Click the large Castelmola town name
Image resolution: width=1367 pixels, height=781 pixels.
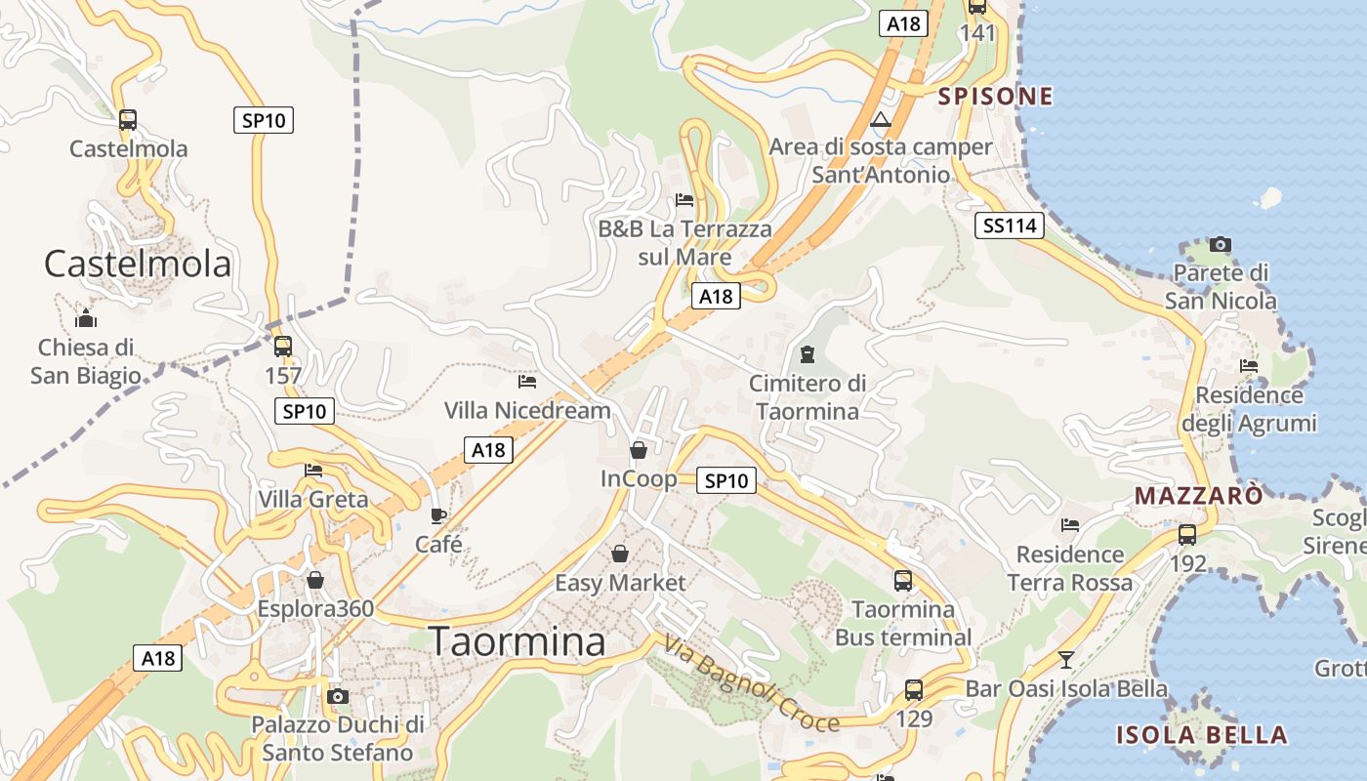coord(138,264)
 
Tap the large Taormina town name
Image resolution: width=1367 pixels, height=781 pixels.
coord(517,641)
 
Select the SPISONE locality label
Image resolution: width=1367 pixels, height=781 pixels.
coord(996,96)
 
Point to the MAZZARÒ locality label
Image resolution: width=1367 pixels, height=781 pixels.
coord(1198,496)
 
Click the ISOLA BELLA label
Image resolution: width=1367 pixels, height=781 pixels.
coord(1202,735)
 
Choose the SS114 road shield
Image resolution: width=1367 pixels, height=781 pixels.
coord(1010,226)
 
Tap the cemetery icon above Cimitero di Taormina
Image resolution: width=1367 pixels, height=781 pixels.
coord(807,353)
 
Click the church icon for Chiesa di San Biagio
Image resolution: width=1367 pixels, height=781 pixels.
coord(86,318)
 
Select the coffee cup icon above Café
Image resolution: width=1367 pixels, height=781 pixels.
coord(438,515)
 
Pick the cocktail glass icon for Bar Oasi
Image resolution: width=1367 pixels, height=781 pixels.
coord(1066,660)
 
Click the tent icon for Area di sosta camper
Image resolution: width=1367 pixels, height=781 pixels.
coord(881,120)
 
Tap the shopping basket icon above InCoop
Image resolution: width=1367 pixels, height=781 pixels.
coord(638,450)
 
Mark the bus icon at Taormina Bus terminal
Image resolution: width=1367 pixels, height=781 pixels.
coord(903,581)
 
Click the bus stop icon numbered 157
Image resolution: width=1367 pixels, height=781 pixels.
coord(283,347)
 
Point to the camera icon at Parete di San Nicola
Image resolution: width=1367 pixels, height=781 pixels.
coord(1220,244)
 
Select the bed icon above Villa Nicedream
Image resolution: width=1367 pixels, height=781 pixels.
coord(527,381)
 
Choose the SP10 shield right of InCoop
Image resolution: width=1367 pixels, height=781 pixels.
coord(726,480)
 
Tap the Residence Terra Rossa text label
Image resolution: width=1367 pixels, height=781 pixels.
coord(1070,568)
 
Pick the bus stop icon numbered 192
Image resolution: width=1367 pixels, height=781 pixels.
coord(1187,535)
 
